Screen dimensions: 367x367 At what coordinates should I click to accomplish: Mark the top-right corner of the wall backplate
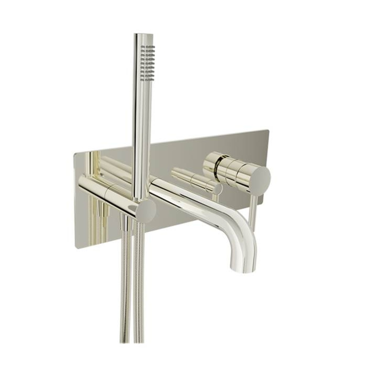pos(268,130)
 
